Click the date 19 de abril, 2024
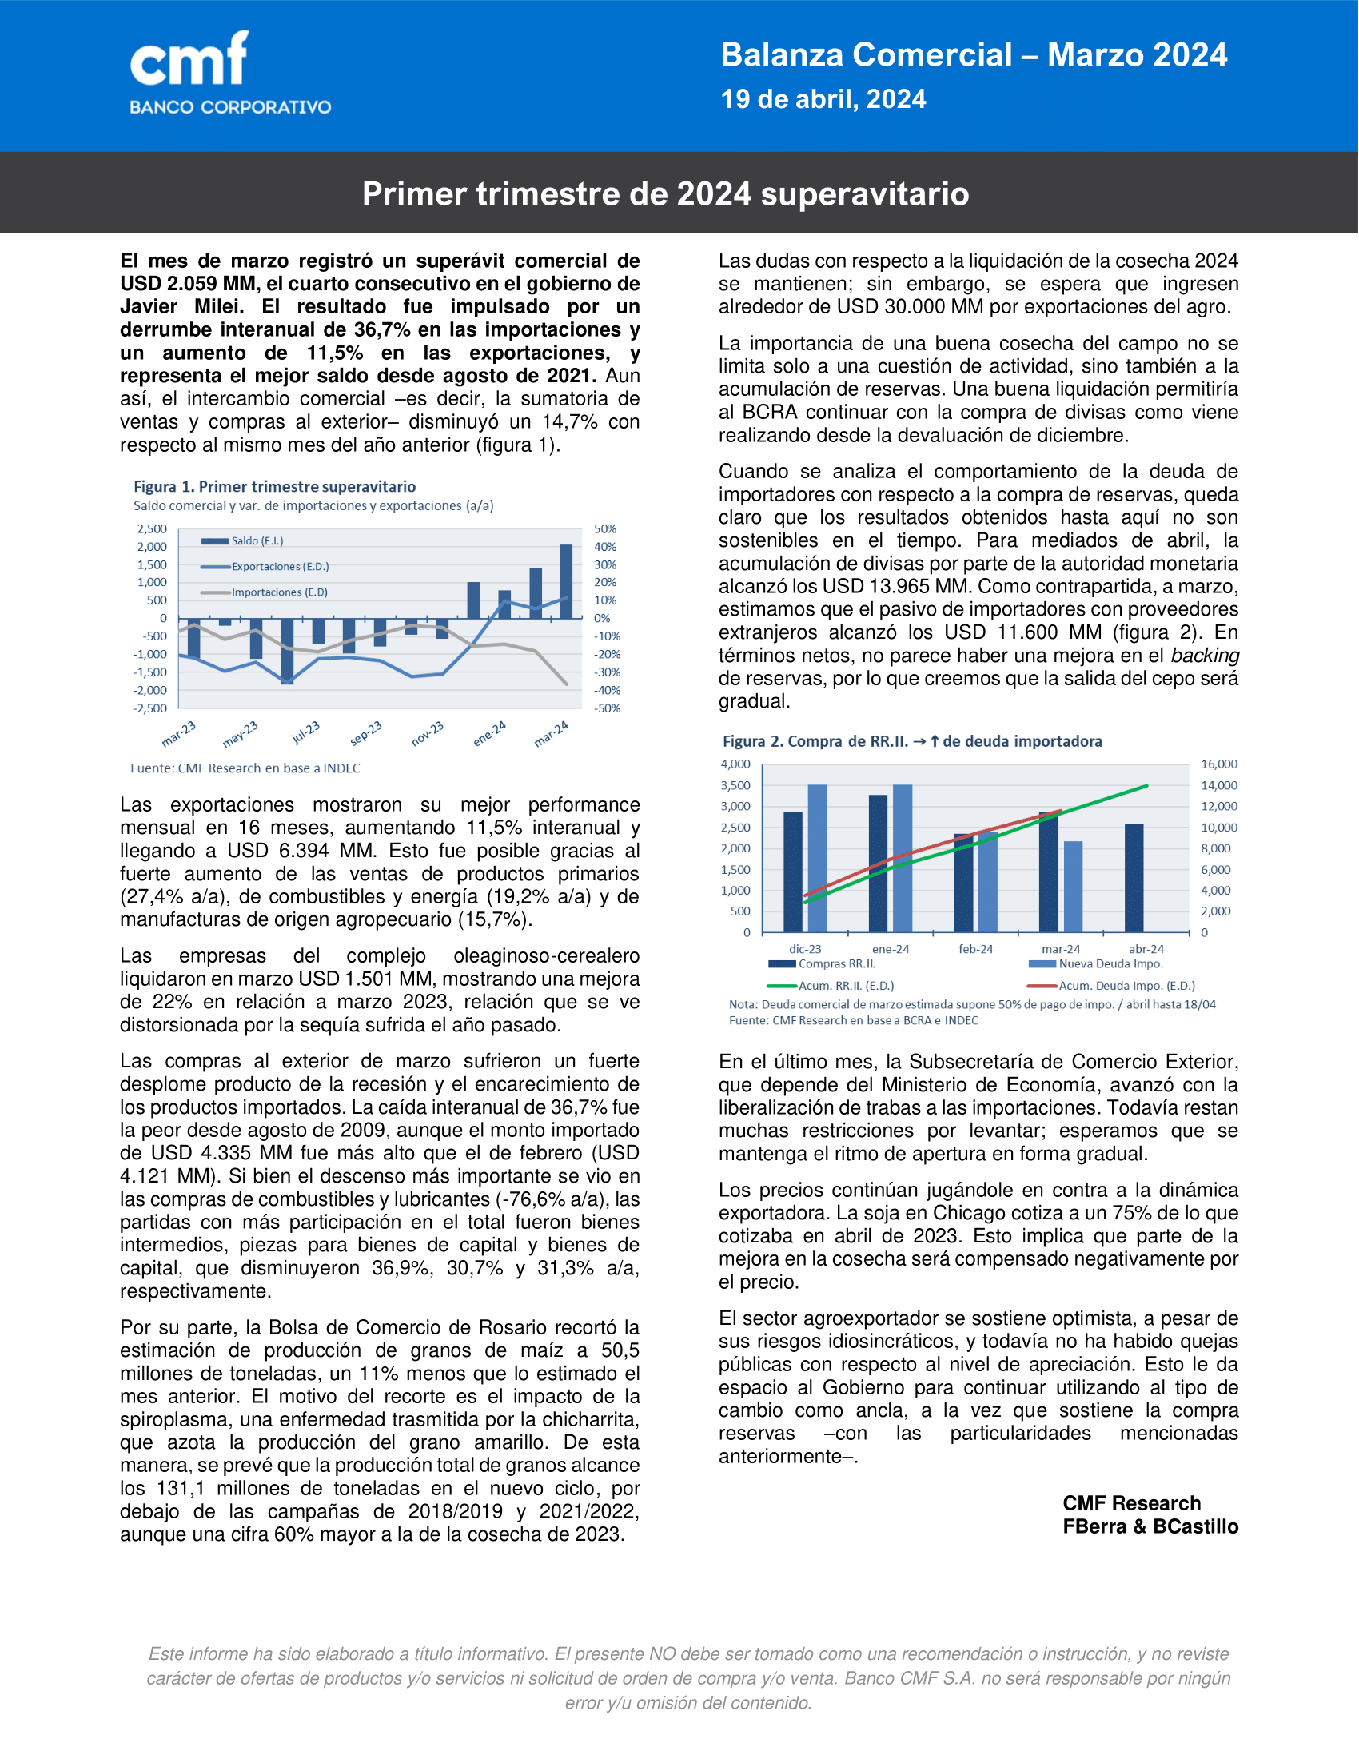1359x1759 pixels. pos(823,99)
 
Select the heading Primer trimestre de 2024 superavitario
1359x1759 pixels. pos(665,194)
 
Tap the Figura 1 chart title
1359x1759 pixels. pos(274,486)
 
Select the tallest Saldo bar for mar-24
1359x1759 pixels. pos(566,581)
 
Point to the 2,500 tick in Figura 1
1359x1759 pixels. pos(152,529)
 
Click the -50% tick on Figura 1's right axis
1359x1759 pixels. pos(607,708)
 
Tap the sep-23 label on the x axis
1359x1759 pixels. pos(366,732)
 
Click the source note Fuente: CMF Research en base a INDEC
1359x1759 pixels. pos(245,768)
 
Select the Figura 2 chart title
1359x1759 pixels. pos(911,742)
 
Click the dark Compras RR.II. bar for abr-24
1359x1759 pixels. pos(1134,878)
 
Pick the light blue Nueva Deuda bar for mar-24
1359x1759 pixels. pos(1072,887)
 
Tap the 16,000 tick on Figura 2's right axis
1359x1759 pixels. pos(1219,764)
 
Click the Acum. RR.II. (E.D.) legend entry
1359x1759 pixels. pos(845,986)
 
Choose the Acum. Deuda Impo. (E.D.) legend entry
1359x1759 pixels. pos(1126,986)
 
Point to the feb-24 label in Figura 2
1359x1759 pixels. pos(975,950)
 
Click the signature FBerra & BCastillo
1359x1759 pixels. pos(1150,1526)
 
